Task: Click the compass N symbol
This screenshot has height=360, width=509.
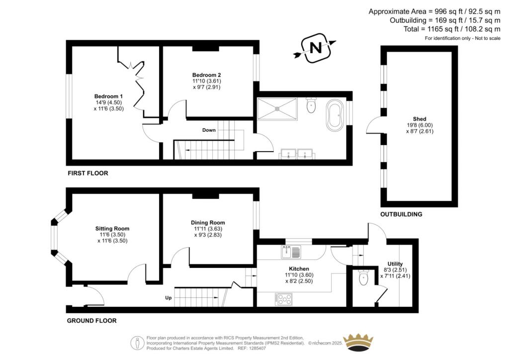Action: click(315, 48)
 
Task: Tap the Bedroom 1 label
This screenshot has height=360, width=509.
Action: click(108, 96)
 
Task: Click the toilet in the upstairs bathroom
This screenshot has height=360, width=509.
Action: click(312, 105)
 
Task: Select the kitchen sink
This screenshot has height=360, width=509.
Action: click(291, 253)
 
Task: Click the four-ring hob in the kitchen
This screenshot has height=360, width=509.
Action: click(284, 299)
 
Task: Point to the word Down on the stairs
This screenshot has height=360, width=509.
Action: click(209, 130)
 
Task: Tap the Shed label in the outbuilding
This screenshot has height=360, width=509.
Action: click(418, 119)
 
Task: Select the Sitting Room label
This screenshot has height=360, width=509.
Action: click(112, 229)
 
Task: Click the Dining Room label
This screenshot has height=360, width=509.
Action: click(208, 223)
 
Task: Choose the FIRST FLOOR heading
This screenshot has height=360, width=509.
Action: click(87, 174)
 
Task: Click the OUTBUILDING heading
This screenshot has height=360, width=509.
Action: click(401, 214)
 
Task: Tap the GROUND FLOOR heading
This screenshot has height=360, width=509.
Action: click(91, 321)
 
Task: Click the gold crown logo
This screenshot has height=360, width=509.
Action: click(358, 343)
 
